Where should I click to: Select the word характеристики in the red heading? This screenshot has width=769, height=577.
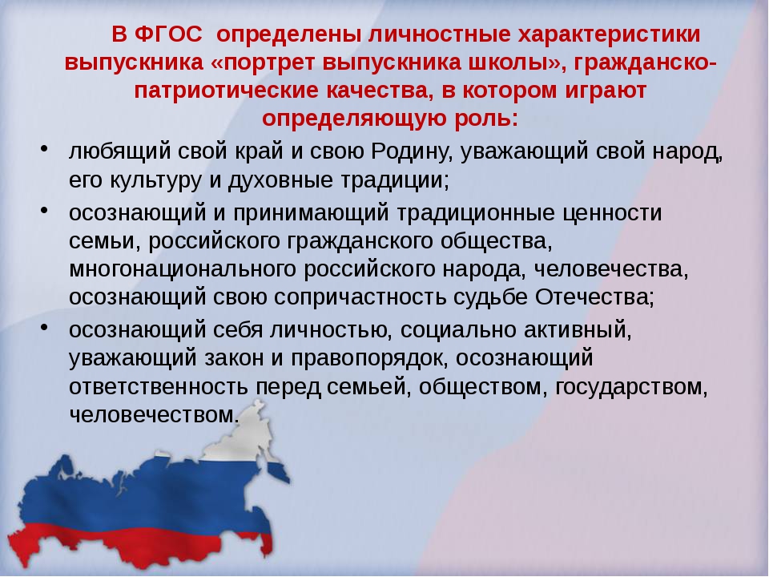click(610, 34)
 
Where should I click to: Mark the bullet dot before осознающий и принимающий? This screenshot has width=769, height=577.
click(45, 209)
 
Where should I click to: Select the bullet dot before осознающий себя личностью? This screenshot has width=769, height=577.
click(45, 327)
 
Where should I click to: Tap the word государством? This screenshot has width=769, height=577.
click(631, 387)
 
